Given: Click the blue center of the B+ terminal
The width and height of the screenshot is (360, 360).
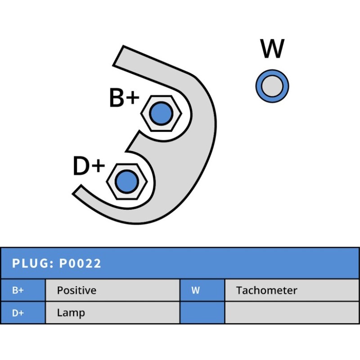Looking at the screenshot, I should [x=161, y=113].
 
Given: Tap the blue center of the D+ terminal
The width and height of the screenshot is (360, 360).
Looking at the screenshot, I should [x=126, y=181].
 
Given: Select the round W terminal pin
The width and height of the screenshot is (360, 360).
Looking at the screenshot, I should [x=272, y=85].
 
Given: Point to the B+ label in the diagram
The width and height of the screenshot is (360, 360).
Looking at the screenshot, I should [x=124, y=98].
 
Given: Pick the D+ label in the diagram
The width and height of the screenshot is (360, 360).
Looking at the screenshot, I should [x=89, y=166].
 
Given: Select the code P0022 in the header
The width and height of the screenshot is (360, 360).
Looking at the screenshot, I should [x=80, y=263].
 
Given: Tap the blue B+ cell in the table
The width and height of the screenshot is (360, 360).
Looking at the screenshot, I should [x=22, y=290].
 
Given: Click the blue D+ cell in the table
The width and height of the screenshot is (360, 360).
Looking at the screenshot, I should [x=22, y=313].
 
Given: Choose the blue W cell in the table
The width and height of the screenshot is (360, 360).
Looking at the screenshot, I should [x=202, y=290].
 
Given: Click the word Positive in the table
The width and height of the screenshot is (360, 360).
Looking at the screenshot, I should [x=76, y=290].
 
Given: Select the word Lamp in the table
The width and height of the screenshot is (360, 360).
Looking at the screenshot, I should [x=71, y=313].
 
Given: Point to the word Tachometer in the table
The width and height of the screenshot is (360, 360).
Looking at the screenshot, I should [x=266, y=290].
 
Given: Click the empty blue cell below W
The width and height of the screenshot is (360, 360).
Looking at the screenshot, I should [x=202, y=313].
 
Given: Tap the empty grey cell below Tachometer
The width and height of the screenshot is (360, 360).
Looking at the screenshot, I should [x=292, y=313].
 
